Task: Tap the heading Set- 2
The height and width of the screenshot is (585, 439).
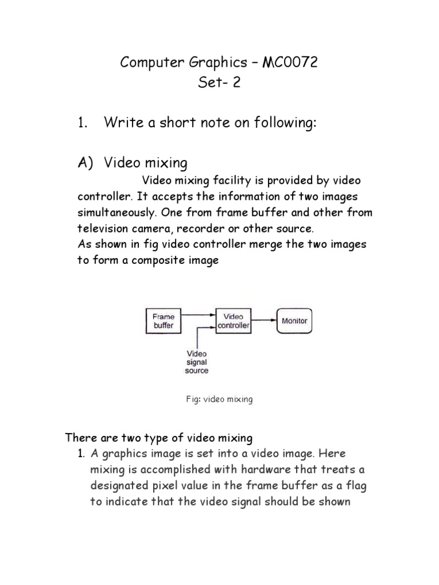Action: coord(219,83)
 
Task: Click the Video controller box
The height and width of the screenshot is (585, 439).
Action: coord(233,321)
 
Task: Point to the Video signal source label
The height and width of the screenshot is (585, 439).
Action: coord(196,362)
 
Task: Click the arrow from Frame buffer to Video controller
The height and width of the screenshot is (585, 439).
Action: coord(198,315)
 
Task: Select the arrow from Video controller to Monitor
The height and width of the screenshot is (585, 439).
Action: coord(264,320)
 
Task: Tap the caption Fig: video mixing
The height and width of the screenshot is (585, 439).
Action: coord(219,399)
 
